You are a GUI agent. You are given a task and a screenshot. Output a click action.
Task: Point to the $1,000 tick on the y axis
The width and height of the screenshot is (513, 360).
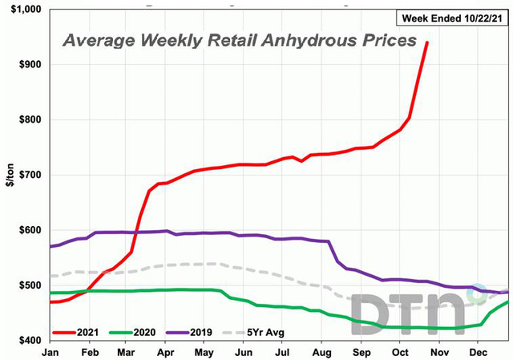26,10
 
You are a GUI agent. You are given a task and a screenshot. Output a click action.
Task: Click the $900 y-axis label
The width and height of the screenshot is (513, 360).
30,65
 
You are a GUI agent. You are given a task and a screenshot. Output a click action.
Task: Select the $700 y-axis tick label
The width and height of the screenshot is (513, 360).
30,175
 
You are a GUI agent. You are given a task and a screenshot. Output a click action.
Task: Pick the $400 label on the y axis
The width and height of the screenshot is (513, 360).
30,341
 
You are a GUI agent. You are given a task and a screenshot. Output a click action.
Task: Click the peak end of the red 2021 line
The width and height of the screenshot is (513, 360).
426,42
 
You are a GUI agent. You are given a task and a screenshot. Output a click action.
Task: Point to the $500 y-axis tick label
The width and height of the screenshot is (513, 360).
30,285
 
